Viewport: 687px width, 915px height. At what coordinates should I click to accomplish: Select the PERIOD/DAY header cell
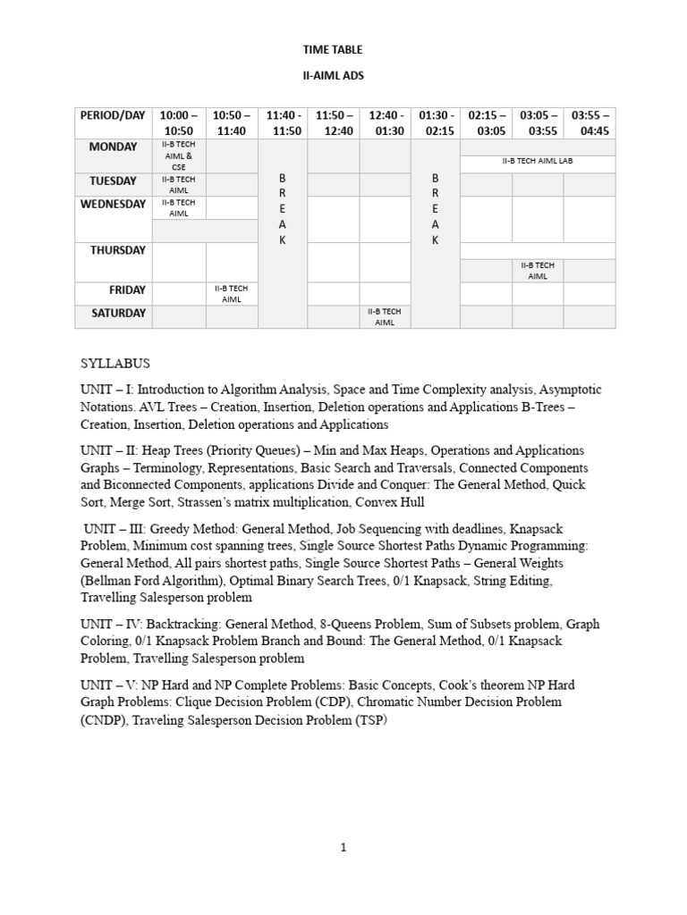click(113, 116)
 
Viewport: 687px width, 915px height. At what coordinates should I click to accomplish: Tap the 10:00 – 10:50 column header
click(179, 123)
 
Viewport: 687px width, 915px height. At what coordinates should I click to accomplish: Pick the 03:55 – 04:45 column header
click(590, 123)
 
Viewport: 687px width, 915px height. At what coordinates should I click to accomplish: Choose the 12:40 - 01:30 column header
click(386, 123)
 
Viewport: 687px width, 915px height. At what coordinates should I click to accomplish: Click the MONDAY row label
click(113, 147)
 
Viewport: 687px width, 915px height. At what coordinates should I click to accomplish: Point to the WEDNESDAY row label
click(113, 204)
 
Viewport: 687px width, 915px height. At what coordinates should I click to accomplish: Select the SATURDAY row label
click(113, 314)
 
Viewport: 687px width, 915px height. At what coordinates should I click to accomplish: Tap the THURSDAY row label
click(113, 250)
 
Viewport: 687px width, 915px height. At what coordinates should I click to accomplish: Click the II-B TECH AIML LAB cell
click(538, 162)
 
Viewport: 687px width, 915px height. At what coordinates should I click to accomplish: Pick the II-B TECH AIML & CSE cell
click(179, 155)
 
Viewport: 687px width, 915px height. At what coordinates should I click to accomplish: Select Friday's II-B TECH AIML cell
click(232, 294)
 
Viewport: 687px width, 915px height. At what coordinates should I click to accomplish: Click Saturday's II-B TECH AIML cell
click(386, 316)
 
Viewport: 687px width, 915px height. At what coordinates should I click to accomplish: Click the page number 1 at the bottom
click(343, 849)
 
